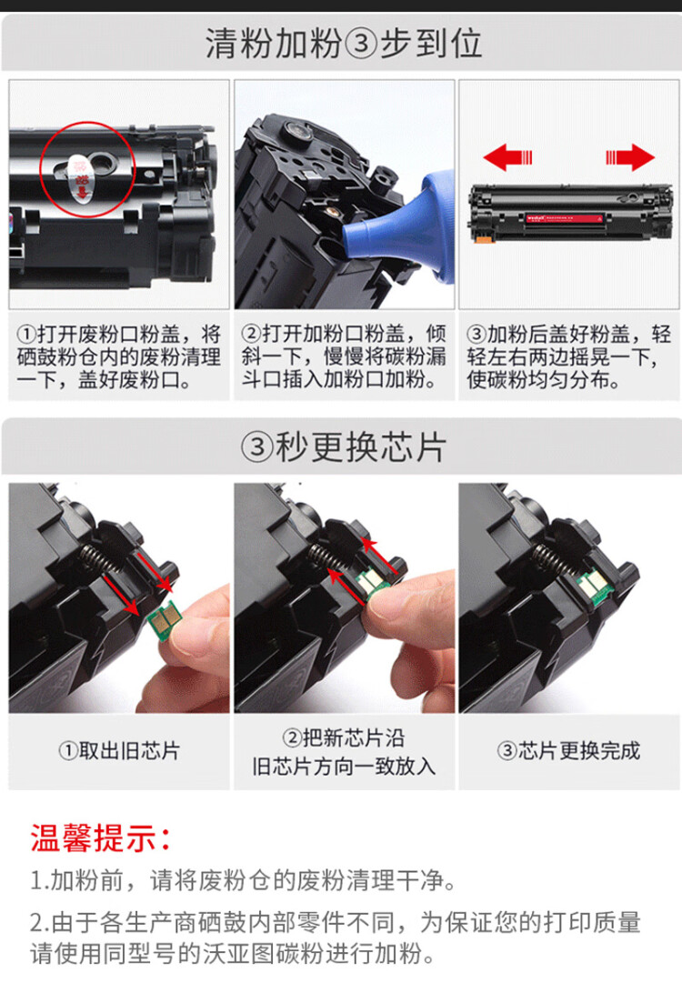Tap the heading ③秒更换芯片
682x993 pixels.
343,446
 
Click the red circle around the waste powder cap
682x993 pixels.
88,170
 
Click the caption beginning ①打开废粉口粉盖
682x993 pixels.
118,357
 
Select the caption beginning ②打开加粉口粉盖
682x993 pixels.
343,357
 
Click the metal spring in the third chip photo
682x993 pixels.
549,557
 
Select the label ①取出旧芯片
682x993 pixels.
118,751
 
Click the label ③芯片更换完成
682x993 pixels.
567,751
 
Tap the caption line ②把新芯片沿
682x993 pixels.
343,737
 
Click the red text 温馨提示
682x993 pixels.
100,838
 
